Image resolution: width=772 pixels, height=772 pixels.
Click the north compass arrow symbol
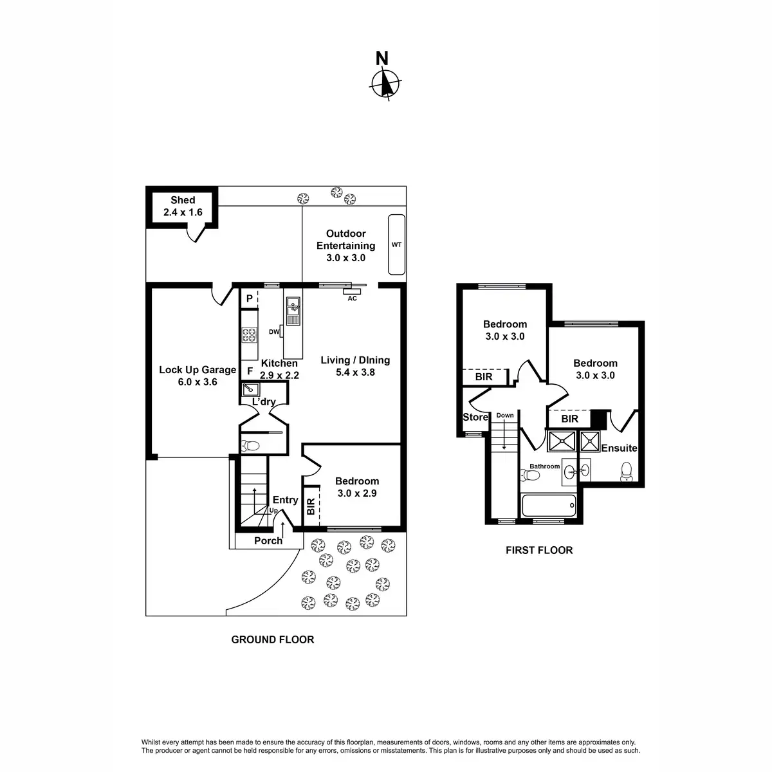pyautogui.click(x=386, y=83)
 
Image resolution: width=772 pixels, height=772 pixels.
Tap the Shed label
pyautogui.click(x=183, y=200)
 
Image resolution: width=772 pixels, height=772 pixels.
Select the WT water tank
pyautogui.click(x=396, y=244)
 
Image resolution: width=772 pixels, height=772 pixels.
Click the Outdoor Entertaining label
pyautogui.click(x=345, y=239)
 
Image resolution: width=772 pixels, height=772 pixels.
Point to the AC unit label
pyautogui.click(x=352, y=299)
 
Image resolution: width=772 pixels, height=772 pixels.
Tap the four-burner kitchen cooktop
pyautogui.click(x=249, y=335)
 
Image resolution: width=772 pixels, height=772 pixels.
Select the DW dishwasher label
pyautogui.click(x=273, y=332)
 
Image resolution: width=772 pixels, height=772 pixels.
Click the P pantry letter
pyautogui.click(x=249, y=299)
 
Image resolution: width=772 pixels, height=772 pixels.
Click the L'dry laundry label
pyautogui.click(x=264, y=402)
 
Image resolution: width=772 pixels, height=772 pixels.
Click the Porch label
pyautogui.click(x=268, y=540)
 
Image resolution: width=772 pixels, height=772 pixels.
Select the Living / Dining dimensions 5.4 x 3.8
pyautogui.click(x=355, y=372)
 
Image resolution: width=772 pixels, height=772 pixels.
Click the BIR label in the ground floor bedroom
pyautogui.click(x=311, y=507)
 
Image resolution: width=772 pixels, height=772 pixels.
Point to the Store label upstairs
pyautogui.click(x=475, y=418)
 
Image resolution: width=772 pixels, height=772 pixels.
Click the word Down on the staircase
pyautogui.click(x=505, y=416)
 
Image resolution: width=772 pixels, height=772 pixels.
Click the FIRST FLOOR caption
pyautogui.click(x=538, y=550)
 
